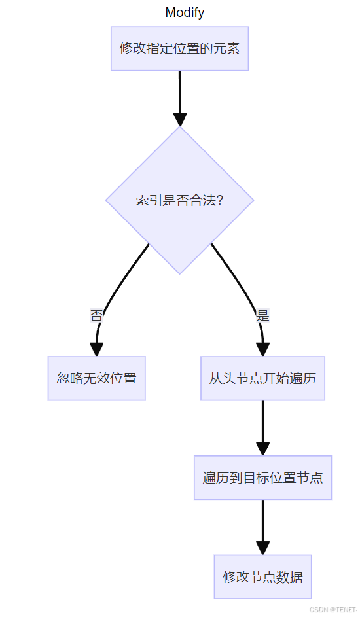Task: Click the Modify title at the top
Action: click(185, 12)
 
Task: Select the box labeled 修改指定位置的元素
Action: click(180, 49)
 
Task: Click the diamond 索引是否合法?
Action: click(180, 200)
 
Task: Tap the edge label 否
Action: click(96, 315)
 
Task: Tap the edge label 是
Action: click(263, 315)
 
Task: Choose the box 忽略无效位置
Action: click(97, 379)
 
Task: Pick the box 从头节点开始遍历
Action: click(263, 379)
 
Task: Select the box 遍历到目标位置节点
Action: click(263, 478)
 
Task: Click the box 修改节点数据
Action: click(263, 577)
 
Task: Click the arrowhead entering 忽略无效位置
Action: click(96, 350)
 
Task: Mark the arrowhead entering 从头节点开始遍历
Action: click(263, 350)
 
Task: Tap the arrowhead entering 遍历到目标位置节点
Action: click(263, 449)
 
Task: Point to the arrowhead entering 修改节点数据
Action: click(263, 548)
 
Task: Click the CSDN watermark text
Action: click(334, 610)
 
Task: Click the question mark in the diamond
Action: click(220, 201)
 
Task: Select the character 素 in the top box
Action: click(233, 49)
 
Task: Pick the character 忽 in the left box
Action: click(63, 379)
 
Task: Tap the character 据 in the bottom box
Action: click(296, 577)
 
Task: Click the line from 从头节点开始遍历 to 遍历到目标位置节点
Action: click(263, 421)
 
